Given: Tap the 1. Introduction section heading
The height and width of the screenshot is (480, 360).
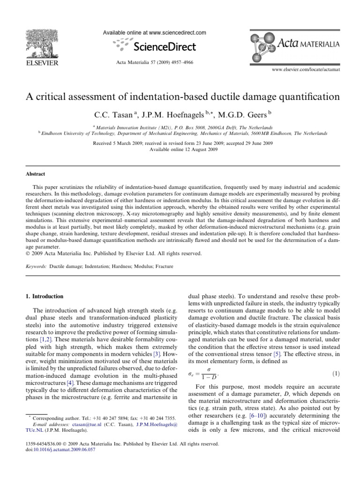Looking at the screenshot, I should (47, 296).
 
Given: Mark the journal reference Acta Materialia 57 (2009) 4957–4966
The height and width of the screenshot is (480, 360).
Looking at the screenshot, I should (154, 62).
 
